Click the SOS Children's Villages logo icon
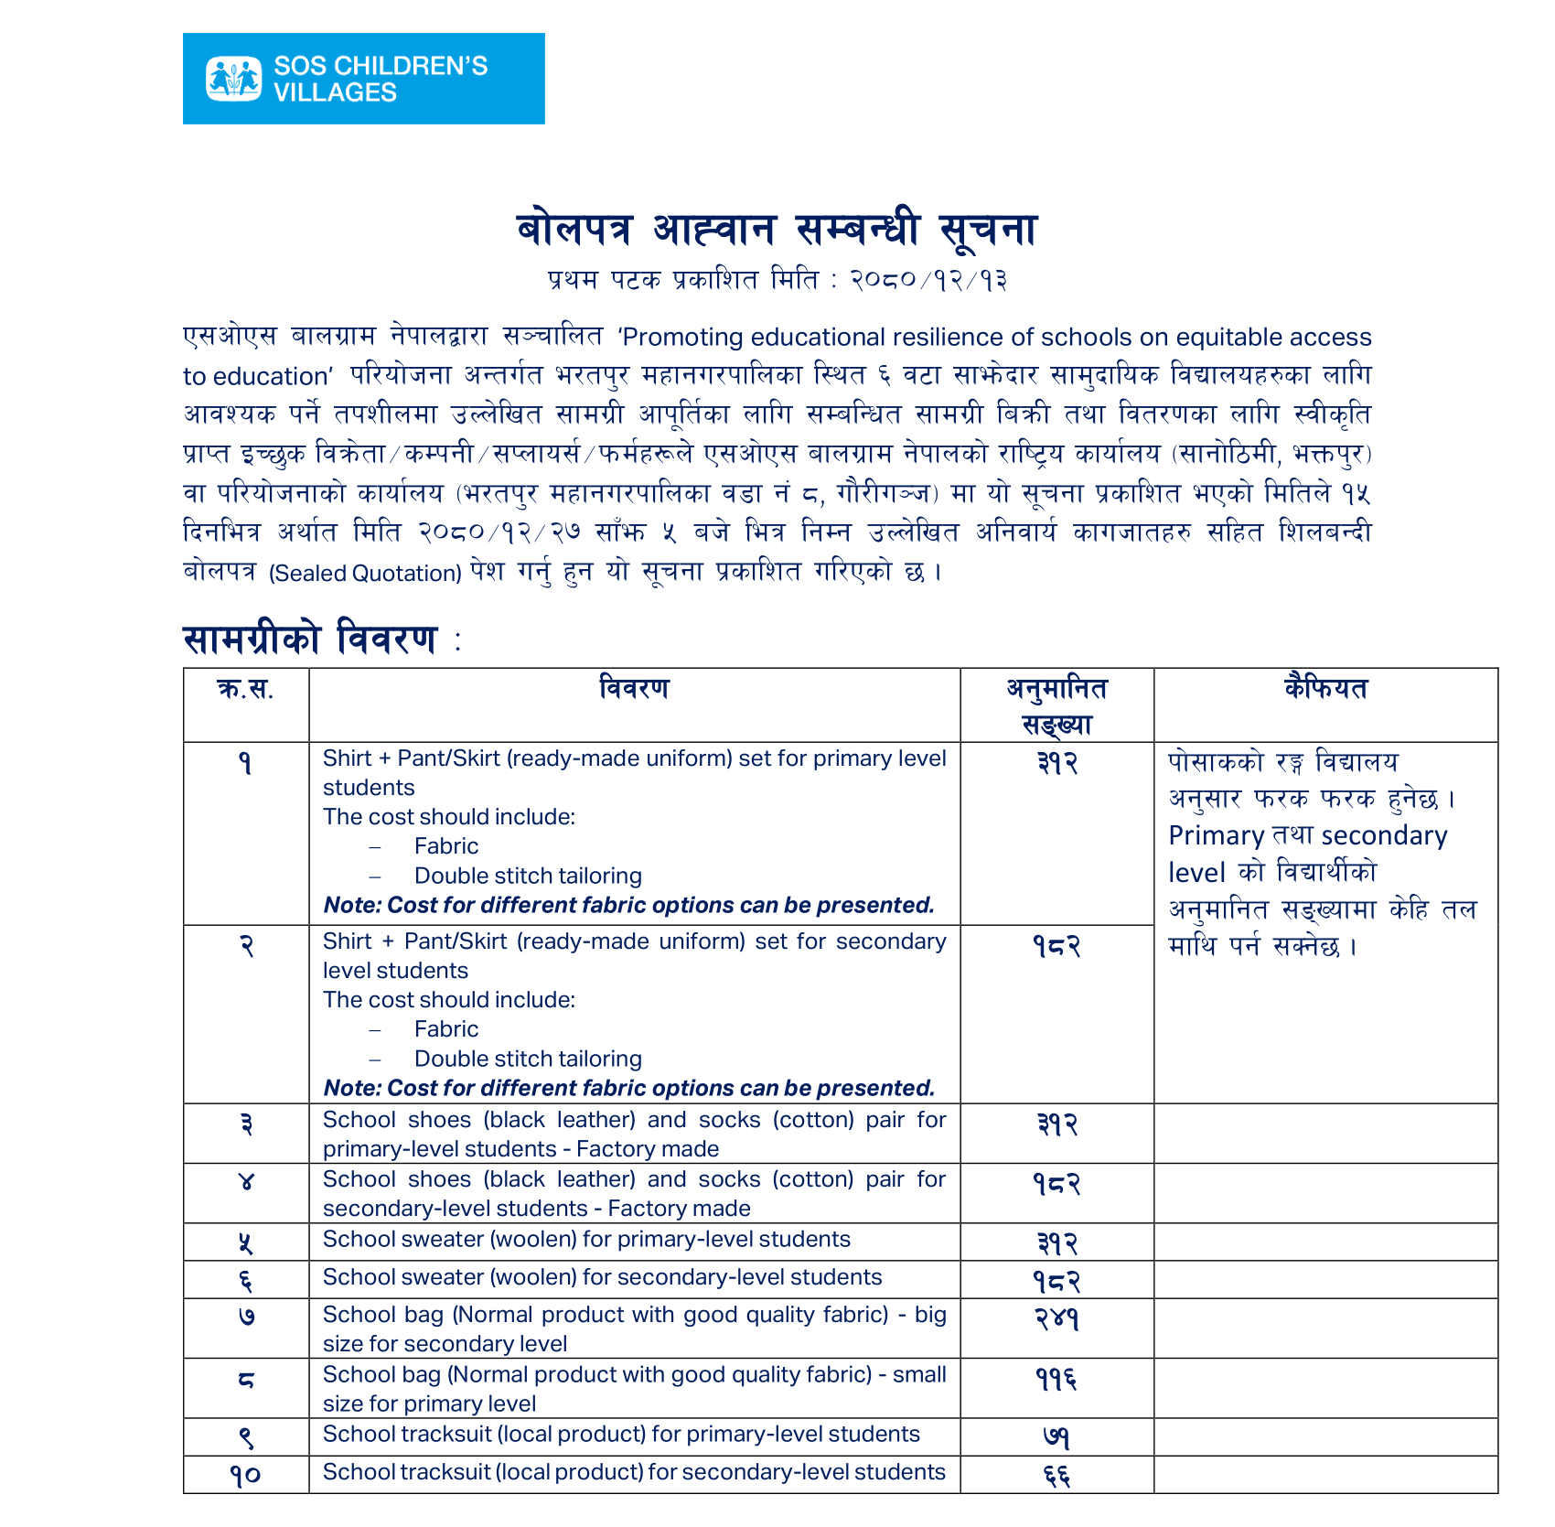(233, 79)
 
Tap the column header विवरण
(634, 688)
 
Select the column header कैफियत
(1325, 688)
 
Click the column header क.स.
(245, 689)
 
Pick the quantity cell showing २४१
(1056, 1318)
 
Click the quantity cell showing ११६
(1056, 1379)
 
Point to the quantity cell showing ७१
(1056, 1437)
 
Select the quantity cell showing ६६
(1056, 1475)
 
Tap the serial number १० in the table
(245, 1475)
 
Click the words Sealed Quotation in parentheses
(365, 574)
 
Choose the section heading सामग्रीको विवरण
(310, 639)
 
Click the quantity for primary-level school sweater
(1056, 1243)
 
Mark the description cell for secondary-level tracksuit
(634, 1472)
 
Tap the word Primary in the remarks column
(1216, 835)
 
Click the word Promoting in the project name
(680, 338)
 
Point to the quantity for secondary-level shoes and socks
(1056, 1184)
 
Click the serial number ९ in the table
(245, 1437)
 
